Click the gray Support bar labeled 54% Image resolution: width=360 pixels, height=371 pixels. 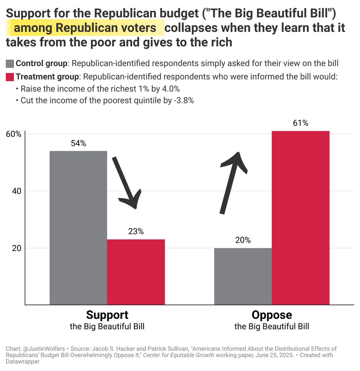click(78, 228)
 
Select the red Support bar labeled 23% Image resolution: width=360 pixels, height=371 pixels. click(136, 272)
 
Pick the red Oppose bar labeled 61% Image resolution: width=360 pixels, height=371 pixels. click(301, 218)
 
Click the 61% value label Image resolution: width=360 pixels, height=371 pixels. click(301, 123)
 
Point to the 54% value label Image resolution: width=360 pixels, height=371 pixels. click(78, 143)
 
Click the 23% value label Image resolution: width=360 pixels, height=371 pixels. click(136, 231)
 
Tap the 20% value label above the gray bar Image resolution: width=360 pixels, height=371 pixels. click(243, 240)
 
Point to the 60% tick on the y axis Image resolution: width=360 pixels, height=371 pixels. click(14, 134)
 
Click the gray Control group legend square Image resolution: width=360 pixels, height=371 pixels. click(10, 64)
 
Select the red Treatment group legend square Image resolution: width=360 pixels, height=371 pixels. click(10, 77)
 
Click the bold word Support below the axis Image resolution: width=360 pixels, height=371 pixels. click(107, 315)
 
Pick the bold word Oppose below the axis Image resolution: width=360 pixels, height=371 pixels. click(272, 315)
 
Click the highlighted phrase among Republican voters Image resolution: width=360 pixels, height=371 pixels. click(85, 28)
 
